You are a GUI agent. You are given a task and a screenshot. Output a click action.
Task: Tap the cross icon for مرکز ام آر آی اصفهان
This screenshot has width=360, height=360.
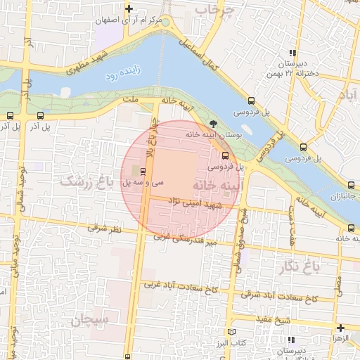coord(128,8)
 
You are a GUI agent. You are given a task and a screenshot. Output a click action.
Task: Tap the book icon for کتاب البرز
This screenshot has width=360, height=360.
coord(233,331)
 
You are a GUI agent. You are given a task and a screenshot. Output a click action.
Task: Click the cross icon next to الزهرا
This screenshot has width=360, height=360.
coord(340,327)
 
